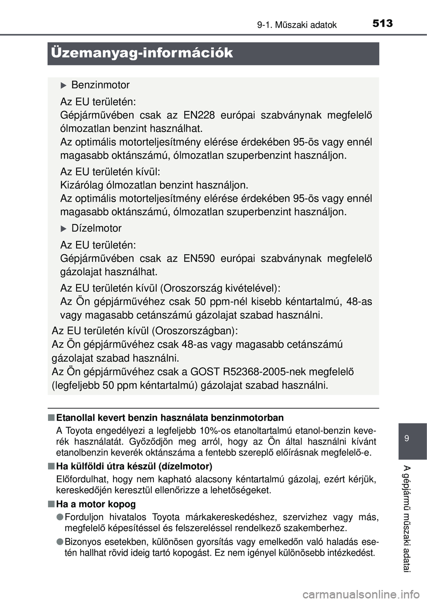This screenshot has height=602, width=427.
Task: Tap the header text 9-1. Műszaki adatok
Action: (x=297, y=25)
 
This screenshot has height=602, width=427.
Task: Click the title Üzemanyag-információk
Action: (x=142, y=53)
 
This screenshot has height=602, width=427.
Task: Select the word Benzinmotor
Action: (x=101, y=85)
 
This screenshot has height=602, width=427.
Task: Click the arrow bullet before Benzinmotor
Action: (x=63, y=85)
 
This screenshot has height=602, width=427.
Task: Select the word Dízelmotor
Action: (x=97, y=228)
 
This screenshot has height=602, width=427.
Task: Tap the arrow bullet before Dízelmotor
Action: (x=63, y=228)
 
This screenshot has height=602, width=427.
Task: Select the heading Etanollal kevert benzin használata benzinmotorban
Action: (x=170, y=418)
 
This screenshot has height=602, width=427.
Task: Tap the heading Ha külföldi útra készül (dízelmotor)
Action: (x=134, y=466)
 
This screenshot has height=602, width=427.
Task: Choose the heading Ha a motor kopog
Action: (x=96, y=504)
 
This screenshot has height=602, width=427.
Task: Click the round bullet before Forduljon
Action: (x=60, y=517)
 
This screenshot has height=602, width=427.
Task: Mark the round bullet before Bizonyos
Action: (x=60, y=542)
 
